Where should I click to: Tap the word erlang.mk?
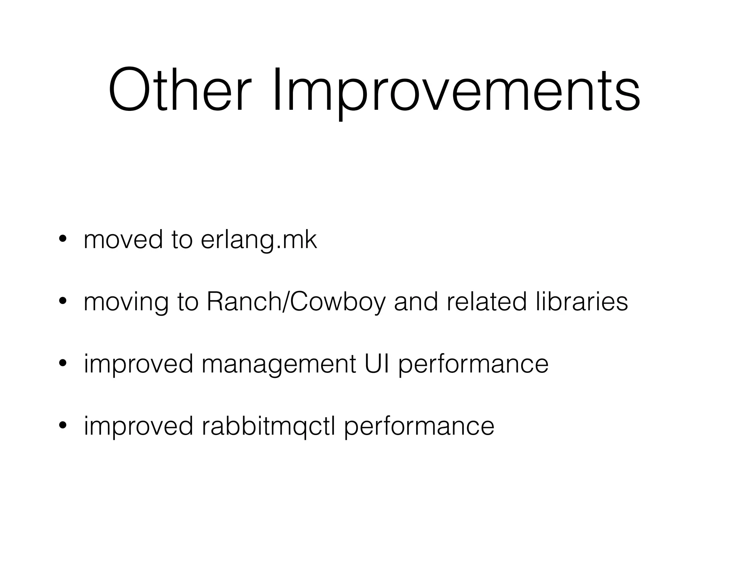click(259, 240)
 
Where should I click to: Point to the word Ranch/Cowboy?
click(296, 303)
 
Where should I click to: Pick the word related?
click(486, 302)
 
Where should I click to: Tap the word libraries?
click(582, 302)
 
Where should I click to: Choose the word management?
click(278, 365)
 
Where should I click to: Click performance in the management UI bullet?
click(473, 365)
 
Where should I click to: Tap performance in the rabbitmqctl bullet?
click(419, 427)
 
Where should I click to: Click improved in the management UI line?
click(138, 364)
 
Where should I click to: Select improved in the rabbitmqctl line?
click(138, 427)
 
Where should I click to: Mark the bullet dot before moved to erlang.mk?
click(63, 239)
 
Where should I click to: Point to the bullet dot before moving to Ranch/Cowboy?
click(63, 301)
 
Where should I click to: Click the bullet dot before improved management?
click(63, 364)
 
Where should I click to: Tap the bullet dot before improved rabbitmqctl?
click(63, 426)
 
